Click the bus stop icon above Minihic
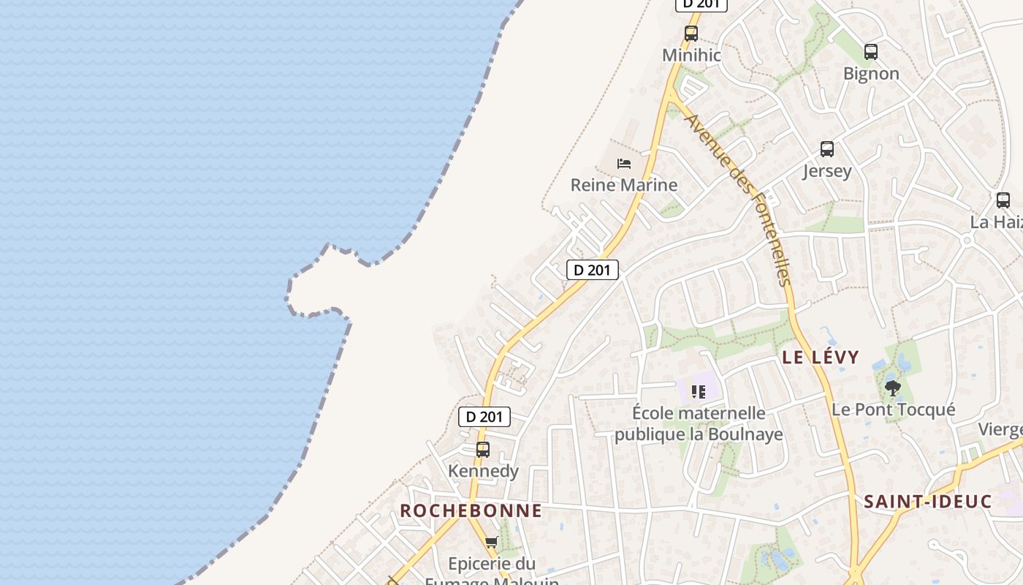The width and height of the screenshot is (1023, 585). pyautogui.click(x=691, y=33)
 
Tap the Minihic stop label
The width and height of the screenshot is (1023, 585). pyautogui.click(x=691, y=55)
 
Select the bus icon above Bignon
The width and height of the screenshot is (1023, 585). pyautogui.click(x=870, y=51)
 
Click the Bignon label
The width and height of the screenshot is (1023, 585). pyautogui.click(x=871, y=73)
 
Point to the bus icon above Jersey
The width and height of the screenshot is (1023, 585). pyautogui.click(x=827, y=149)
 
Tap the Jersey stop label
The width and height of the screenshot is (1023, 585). pyautogui.click(x=827, y=171)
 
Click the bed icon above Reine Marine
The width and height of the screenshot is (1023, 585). pyautogui.click(x=624, y=163)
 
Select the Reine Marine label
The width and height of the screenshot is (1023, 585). pyautogui.click(x=624, y=185)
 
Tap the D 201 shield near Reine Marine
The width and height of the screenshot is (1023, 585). pyautogui.click(x=593, y=270)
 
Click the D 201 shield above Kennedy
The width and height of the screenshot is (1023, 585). pyautogui.click(x=484, y=417)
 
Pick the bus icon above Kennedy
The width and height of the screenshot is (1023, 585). pyautogui.click(x=483, y=449)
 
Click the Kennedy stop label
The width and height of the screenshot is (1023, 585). pyautogui.click(x=483, y=471)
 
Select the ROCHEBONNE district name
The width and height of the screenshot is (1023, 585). pyautogui.click(x=471, y=510)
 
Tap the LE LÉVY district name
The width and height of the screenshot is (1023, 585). pyautogui.click(x=821, y=358)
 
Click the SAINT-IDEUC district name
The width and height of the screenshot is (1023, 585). pyautogui.click(x=928, y=502)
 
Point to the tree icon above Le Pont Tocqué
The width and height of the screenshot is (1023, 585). pyautogui.click(x=892, y=388)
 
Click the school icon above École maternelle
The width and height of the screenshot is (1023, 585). pyautogui.click(x=699, y=392)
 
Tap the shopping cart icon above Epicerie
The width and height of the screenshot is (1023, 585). pyautogui.click(x=492, y=542)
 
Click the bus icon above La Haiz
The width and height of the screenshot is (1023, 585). pyautogui.click(x=1003, y=200)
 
